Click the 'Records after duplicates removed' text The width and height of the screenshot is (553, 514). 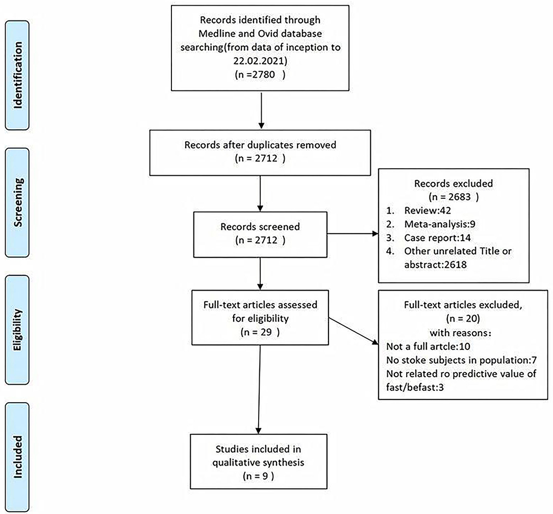(261, 145)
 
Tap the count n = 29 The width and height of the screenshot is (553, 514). (261, 332)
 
